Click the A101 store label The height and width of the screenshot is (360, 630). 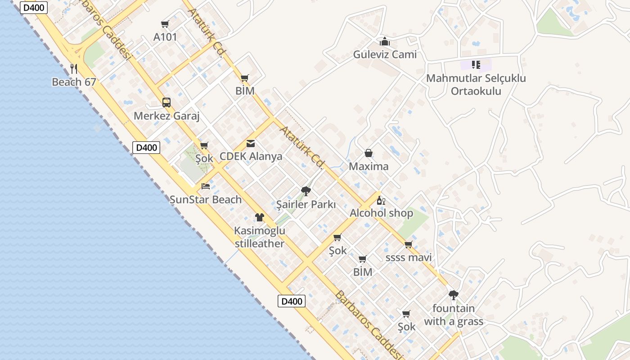[165, 37]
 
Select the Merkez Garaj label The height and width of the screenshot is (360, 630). [166, 116]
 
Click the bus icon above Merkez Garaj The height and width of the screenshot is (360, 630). [166, 103]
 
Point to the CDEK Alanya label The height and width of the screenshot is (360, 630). [251, 157]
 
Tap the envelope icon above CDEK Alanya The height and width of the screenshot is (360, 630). [251, 144]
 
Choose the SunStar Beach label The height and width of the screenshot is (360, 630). [206, 199]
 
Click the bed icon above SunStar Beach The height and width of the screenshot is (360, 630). [206, 186]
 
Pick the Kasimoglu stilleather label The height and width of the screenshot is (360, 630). [260, 237]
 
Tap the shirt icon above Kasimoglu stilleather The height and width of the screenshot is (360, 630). [260, 217]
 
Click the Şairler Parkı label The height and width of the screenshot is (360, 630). [306, 204]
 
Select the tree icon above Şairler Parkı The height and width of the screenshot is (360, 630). [306, 191]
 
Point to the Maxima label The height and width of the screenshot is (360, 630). [369, 166]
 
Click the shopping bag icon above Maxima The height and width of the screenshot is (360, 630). [369, 153]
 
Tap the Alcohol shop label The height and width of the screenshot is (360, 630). [381, 213]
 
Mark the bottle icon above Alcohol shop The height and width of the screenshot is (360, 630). [381, 200]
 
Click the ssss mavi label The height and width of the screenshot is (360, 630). [409, 257]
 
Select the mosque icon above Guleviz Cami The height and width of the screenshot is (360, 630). [385, 42]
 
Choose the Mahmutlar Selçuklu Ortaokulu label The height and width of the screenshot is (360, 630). [476, 85]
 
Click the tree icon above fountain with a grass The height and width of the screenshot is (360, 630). [454, 295]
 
